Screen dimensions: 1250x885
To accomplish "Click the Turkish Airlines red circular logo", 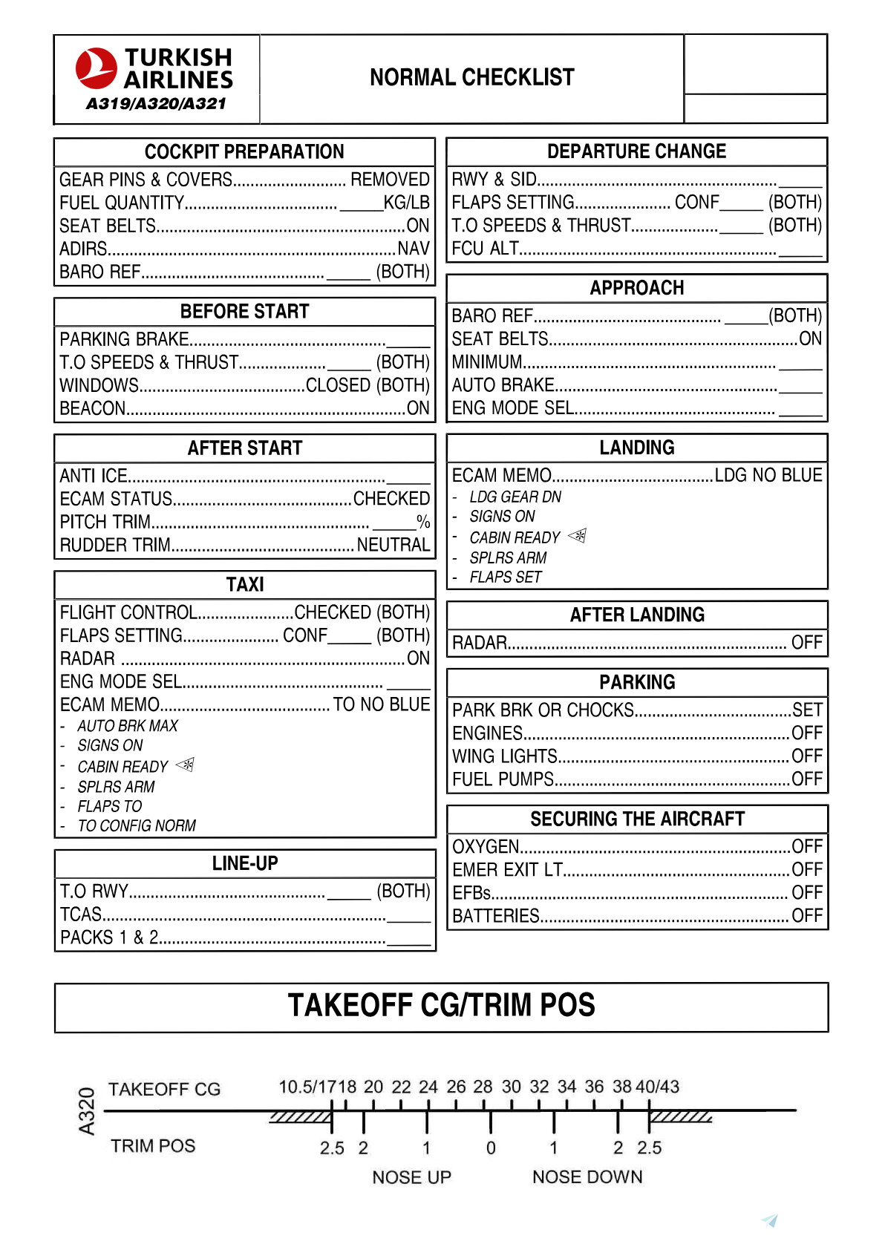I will click(96, 68).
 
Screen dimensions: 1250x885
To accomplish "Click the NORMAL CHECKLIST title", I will click(471, 77).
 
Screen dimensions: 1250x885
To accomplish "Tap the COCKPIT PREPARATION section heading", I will click(244, 151).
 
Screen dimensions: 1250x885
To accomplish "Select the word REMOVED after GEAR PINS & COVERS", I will click(390, 180).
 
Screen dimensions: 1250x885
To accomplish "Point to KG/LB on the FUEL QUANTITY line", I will click(406, 203).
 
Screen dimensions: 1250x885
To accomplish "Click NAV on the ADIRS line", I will click(414, 249).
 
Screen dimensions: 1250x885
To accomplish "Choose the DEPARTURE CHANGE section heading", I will click(636, 151).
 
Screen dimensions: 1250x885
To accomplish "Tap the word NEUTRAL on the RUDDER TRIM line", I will click(393, 545).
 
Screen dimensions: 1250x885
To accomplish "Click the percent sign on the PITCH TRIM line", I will click(423, 522).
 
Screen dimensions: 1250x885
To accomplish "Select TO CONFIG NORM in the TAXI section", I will click(137, 825).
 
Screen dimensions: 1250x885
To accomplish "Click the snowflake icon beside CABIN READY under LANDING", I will click(578, 536).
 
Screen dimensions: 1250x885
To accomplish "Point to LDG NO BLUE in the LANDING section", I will click(768, 475).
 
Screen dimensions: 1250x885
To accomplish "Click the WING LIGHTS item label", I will click(505, 756).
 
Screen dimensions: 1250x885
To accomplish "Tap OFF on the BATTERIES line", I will click(807, 916).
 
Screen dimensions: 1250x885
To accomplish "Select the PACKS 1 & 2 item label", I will click(109, 937).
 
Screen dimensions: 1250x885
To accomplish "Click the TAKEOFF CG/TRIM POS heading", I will click(441, 1006).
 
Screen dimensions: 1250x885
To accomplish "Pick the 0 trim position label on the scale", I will click(491, 1148).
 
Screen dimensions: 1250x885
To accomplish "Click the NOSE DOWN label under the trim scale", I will click(587, 1177).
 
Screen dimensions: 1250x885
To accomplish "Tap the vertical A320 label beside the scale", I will click(87, 1111).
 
